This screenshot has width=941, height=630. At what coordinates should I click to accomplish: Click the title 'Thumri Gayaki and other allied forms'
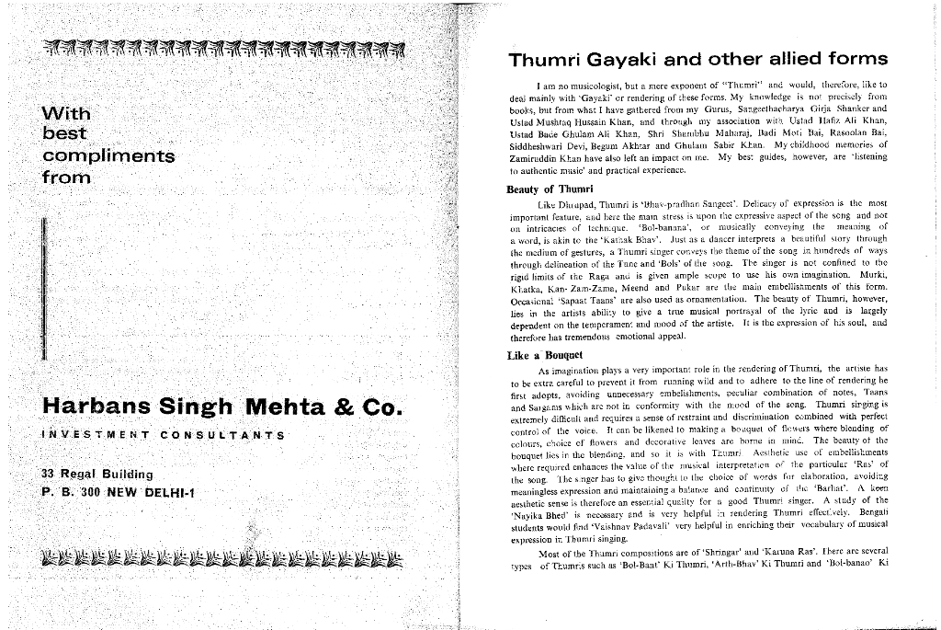tap(697, 60)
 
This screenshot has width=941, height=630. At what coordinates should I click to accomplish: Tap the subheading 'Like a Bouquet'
tap(545, 355)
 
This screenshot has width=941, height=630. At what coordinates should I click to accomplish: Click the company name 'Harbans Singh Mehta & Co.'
tap(222, 407)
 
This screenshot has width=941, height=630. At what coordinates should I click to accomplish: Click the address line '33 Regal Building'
tap(97, 475)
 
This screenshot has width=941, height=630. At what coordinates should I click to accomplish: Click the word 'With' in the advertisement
tap(66, 114)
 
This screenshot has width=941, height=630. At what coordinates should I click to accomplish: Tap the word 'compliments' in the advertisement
tap(108, 155)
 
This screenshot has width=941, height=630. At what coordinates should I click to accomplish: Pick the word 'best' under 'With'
tap(65, 134)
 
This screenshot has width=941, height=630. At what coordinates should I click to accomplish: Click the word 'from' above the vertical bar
tap(66, 177)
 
